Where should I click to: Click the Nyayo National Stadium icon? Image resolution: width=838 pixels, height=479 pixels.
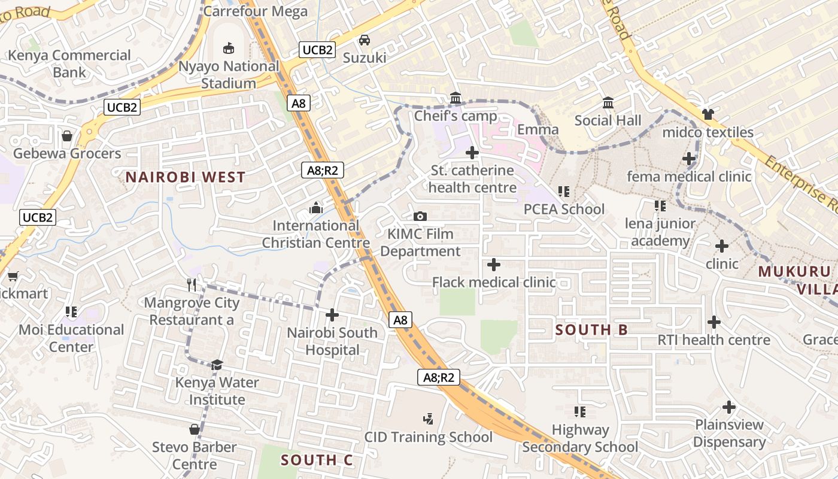tap(228, 47)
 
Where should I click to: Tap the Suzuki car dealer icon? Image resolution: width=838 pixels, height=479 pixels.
tap(364, 40)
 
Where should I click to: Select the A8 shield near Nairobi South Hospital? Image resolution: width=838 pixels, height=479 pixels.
tap(400, 320)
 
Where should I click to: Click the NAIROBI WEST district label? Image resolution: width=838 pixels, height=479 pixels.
tap(185, 177)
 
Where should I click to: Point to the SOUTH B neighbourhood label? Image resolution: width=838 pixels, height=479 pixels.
tap(591, 330)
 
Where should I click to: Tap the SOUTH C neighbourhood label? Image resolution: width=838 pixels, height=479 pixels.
tap(317, 460)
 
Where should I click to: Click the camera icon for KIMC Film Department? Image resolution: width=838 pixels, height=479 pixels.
tap(420, 216)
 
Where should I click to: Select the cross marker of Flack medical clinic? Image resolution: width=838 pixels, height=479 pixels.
tap(494, 264)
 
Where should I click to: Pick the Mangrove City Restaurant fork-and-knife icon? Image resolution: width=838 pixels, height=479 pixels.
tap(192, 284)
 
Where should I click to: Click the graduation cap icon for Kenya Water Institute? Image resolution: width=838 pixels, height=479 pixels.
tap(217, 364)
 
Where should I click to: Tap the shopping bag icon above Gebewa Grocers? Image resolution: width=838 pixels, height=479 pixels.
tap(67, 136)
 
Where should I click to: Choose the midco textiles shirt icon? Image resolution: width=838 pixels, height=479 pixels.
tap(708, 114)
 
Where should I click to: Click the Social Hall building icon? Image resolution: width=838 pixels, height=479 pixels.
tap(608, 102)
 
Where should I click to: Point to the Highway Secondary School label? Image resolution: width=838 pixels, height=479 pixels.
tap(580, 438)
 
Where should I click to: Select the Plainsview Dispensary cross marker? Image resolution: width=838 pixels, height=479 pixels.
tap(728, 407)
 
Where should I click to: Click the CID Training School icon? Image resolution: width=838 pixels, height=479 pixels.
tap(428, 419)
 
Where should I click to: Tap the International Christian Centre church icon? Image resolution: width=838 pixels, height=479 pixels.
tap(315, 208)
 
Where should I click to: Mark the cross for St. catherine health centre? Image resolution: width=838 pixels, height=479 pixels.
tap(472, 153)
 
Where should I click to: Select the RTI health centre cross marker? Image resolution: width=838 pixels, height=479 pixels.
tap(713, 322)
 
